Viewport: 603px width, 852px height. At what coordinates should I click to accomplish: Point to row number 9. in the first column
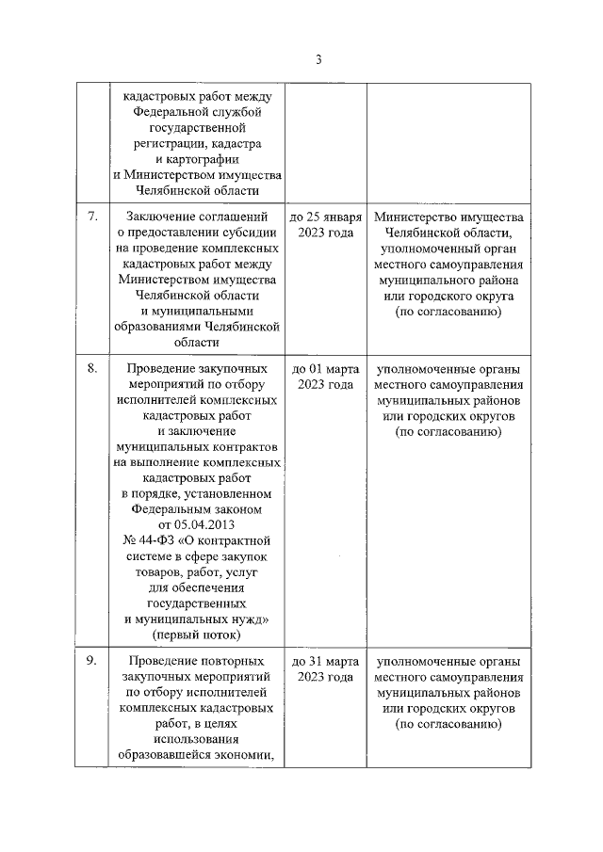[x=93, y=661]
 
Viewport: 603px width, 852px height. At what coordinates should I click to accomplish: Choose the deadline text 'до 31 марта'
[x=325, y=661]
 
